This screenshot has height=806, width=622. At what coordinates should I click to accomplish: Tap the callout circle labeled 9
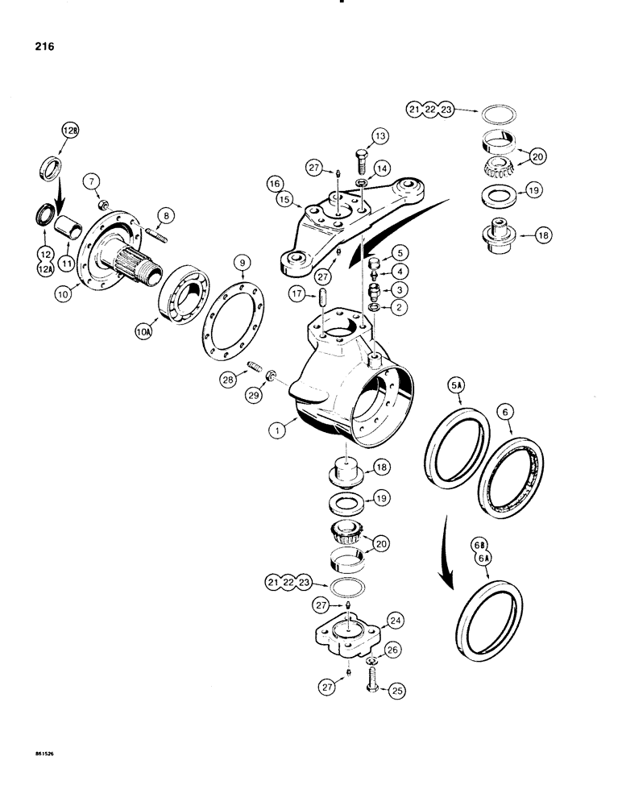click(240, 262)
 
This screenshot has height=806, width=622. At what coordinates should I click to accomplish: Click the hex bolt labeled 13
click(360, 168)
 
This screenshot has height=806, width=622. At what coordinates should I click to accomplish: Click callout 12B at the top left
click(73, 131)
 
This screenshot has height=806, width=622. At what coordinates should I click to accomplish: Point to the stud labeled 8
click(155, 234)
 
